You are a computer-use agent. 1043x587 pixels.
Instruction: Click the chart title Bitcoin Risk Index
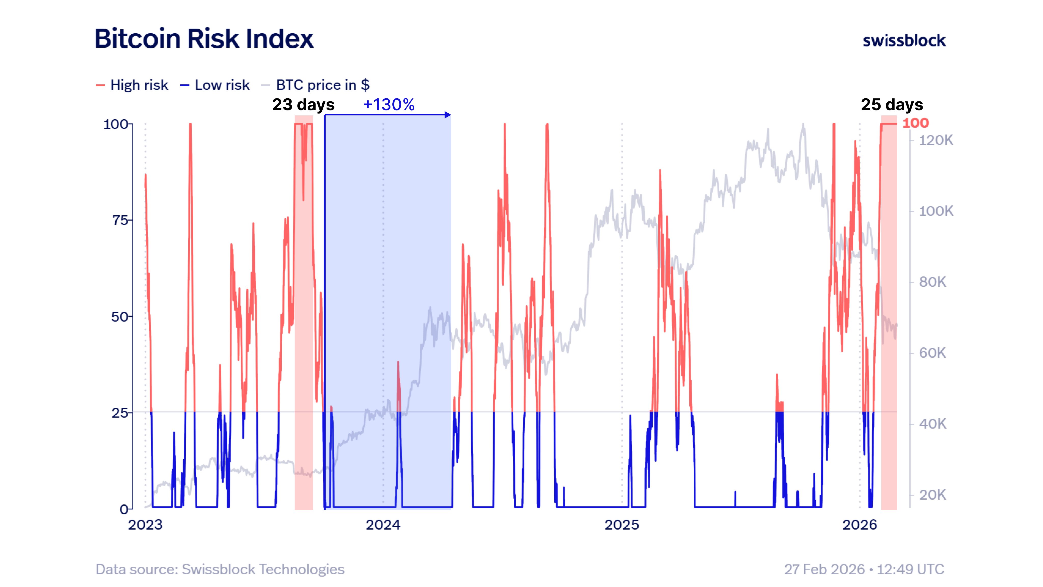[204, 39]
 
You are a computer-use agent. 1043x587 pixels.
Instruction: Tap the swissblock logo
[904, 41]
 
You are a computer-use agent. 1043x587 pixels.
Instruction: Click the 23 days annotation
[303, 104]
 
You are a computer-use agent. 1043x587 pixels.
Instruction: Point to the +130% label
[389, 104]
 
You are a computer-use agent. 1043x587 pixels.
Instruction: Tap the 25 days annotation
[892, 104]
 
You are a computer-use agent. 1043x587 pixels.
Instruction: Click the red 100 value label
[915, 123]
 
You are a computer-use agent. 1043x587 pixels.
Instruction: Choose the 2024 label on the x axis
[383, 525]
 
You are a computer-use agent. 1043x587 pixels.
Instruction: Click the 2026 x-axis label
[860, 525]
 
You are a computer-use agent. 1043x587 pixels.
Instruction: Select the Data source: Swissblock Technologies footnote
[220, 569]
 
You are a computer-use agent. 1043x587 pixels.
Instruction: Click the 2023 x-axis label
[145, 525]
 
